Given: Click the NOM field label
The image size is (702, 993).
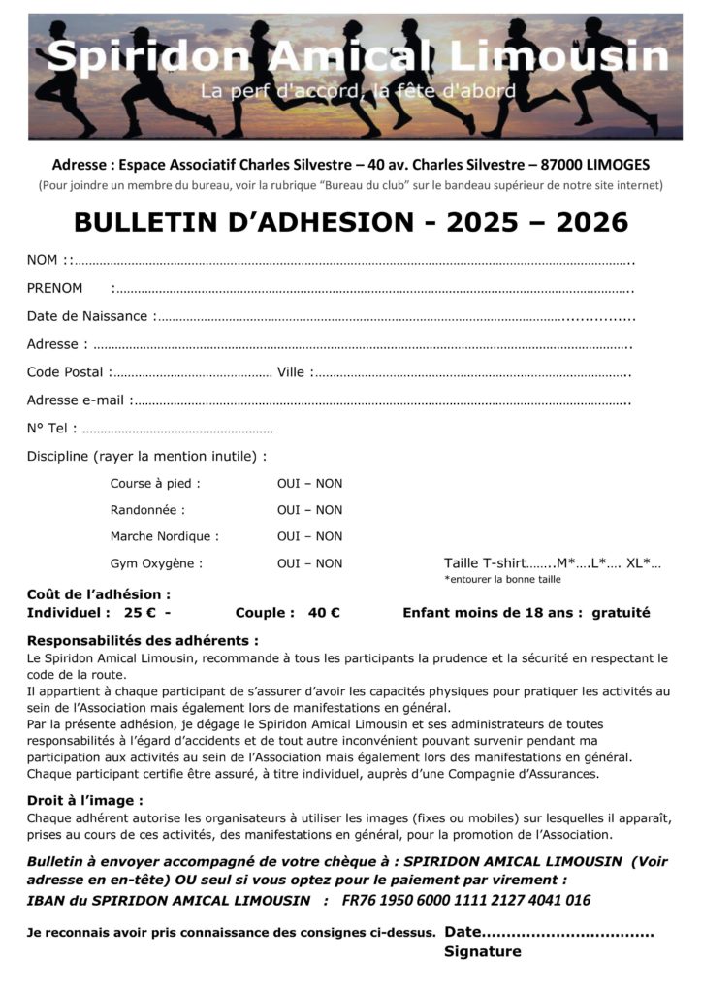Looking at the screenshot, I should pyautogui.click(x=43, y=260).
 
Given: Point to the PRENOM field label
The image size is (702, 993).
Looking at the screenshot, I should pyautogui.click(x=54, y=288).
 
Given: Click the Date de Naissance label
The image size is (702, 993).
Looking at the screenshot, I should pyautogui.click(x=87, y=316).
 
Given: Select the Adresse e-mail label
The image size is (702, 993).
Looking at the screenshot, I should pyautogui.click(x=76, y=400).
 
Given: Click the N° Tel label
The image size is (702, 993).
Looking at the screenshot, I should pyautogui.click(x=49, y=429).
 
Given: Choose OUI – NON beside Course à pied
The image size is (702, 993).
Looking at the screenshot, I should pyautogui.click(x=309, y=484).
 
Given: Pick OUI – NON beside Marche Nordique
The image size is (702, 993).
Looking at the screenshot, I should pyautogui.click(x=309, y=536).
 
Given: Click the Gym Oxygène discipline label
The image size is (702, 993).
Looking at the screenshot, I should pyautogui.click(x=156, y=563).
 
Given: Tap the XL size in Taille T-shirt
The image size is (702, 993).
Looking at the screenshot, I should pyautogui.click(x=637, y=563).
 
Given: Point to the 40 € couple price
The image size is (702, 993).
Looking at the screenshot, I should pyautogui.click(x=324, y=613).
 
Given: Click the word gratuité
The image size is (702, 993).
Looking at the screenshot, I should pyautogui.click(x=621, y=613).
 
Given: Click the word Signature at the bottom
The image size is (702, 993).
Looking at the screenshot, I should pyautogui.click(x=482, y=952).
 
